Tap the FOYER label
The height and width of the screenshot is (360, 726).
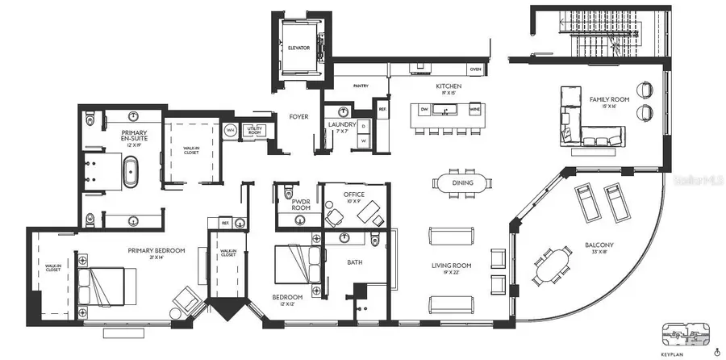pyautogui.click(x=299, y=116)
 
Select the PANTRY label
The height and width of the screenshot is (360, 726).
pyautogui.click(x=361, y=85)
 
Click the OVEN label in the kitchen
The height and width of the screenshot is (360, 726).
pyautogui.click(x=476, y=69)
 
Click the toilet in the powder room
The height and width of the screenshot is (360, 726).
pyautogui.click(x=289, y=193)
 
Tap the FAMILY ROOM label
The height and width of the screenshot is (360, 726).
pyautogui.click(x=603, y=100)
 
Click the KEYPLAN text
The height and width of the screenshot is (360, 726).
pyautogui.click(x=674, y=354)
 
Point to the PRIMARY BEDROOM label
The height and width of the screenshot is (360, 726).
pyautogui.click(x=156, y=250)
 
